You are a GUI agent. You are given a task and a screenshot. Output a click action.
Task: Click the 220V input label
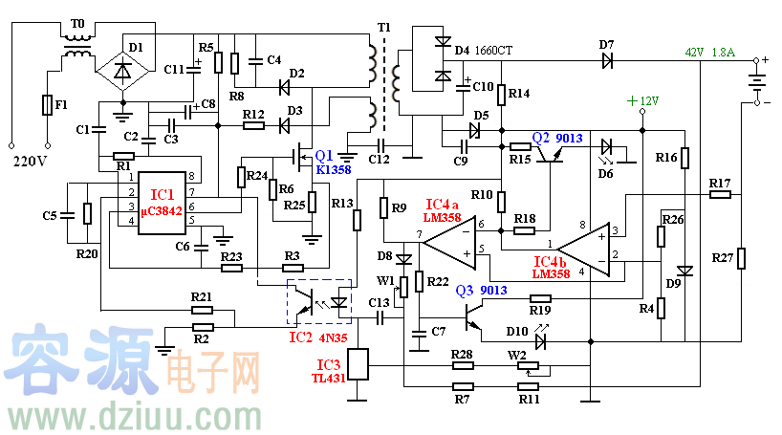tap(30, 161)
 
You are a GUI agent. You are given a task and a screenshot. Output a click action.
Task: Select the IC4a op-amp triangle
tap(449, 238)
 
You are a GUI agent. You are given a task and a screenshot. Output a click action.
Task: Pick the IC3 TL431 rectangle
tap(358, 364)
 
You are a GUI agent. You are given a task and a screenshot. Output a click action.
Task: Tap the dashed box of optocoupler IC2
tap(320, 300)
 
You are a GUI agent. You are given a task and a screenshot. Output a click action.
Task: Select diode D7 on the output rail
tap(606, 59)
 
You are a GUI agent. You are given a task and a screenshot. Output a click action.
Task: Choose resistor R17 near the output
tap(720, 194)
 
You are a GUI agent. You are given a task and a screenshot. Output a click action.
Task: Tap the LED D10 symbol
tap(542, 338)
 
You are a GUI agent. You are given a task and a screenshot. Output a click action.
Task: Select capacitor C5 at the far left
tap(66, 216)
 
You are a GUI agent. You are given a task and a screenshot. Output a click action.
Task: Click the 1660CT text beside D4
tap(493, 50)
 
